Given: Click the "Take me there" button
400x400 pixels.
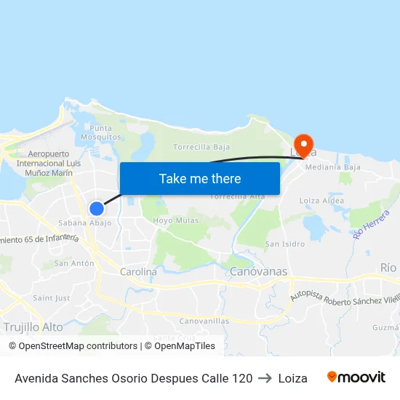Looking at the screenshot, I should click(200, 178).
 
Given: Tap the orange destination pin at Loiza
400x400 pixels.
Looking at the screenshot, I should click(303, 143).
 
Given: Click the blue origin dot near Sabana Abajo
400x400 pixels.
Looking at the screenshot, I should click(97, 209).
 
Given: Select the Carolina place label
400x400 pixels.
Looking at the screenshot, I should click(138, 272).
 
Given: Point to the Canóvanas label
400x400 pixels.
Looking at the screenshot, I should click(258, 272).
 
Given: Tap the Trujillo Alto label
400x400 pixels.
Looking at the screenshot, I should click(33, 327).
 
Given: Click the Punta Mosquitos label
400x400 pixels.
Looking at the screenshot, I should click(101, 132).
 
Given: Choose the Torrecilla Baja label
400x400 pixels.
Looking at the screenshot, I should click(201, 147).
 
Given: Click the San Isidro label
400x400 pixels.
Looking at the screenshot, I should click(284, 244).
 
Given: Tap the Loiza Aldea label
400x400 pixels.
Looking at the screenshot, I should click(321, 201).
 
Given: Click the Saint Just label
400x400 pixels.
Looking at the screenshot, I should click(52, 298).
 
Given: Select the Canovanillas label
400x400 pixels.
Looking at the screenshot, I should click(204, 321).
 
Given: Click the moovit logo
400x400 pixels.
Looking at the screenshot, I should click(356, 377).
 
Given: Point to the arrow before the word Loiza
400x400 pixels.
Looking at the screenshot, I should click(265, 378).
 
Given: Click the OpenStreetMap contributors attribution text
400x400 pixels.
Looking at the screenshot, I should click(73, 346).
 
